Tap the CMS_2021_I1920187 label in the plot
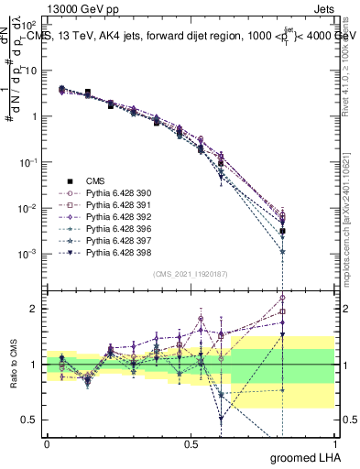point(190,274)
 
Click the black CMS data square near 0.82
point(283,232)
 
